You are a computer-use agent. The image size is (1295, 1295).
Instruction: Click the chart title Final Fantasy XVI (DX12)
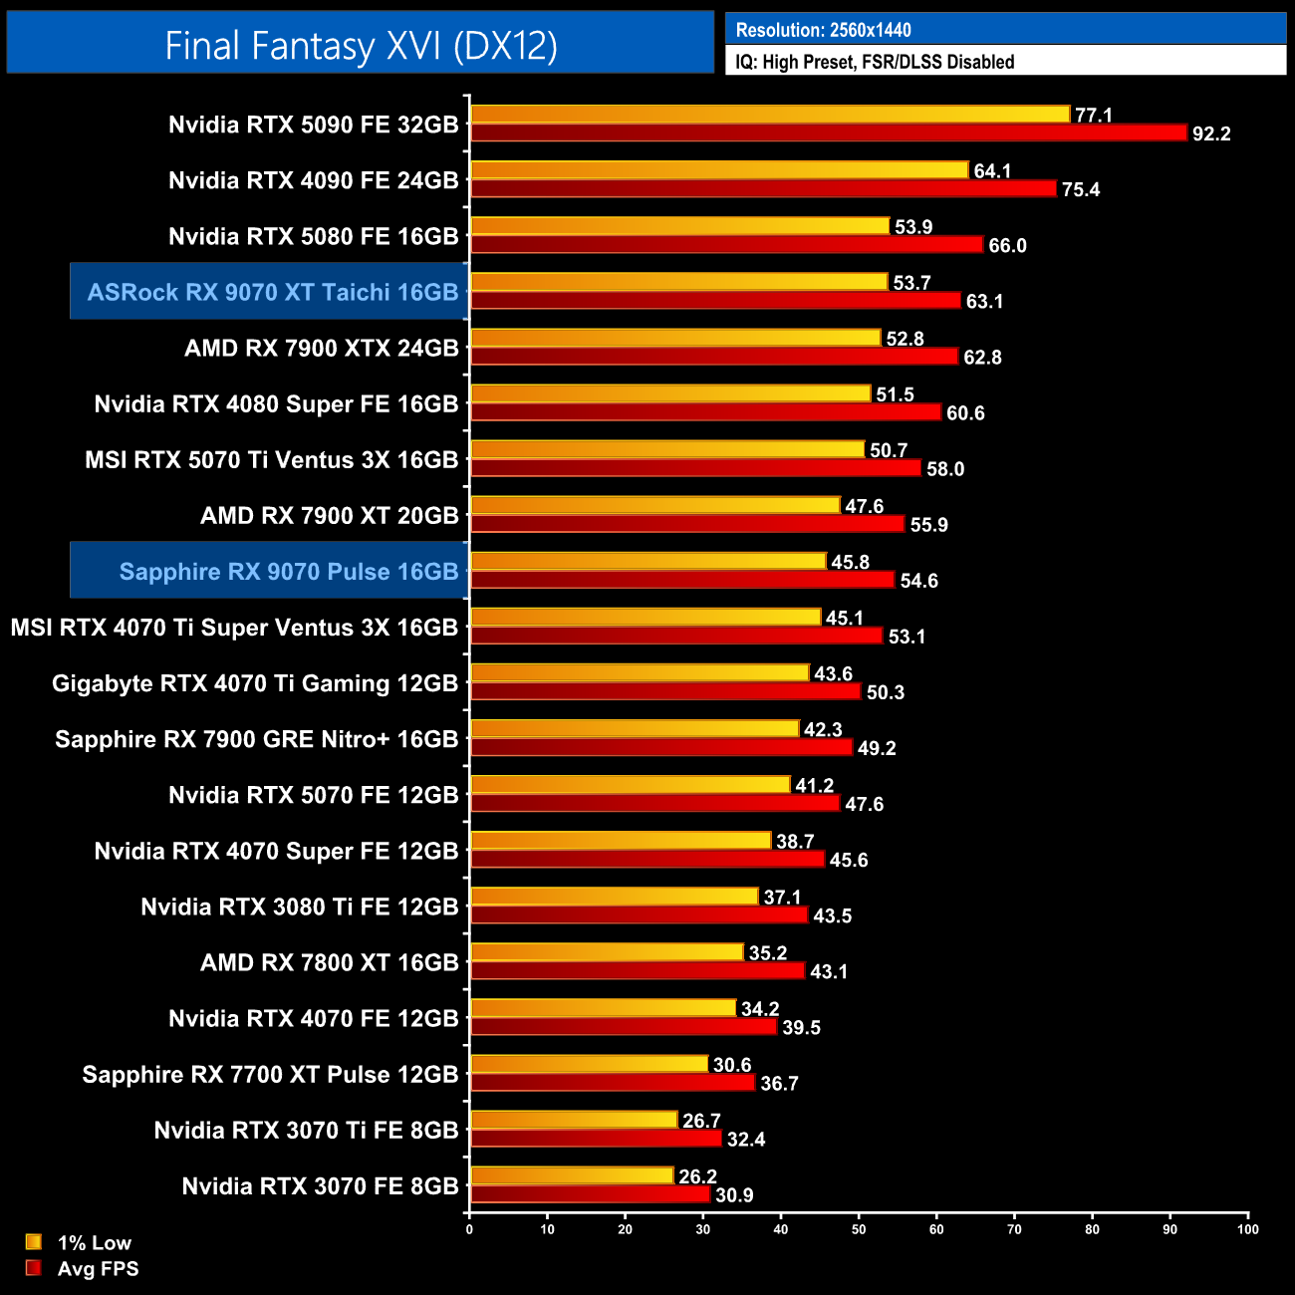361,46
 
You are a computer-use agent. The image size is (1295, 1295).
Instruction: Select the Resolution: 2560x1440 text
823,30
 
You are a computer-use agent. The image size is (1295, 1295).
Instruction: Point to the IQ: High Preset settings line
875,62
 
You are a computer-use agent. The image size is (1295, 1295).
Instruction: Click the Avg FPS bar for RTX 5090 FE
829,132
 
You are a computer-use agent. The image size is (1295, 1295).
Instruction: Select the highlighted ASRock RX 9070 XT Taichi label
272,292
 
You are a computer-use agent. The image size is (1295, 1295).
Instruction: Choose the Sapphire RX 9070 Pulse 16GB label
288,572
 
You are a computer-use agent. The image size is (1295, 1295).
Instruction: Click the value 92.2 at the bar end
1211,133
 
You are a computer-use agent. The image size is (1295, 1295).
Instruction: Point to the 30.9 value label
734,1195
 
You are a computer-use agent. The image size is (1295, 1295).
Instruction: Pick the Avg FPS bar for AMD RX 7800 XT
638,970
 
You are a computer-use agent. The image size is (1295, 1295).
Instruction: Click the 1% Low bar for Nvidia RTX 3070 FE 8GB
572,1175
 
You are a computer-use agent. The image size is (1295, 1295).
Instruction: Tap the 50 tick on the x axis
859,1229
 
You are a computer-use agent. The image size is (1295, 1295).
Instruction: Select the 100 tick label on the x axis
1247,1229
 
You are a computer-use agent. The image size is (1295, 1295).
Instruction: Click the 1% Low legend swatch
34,1242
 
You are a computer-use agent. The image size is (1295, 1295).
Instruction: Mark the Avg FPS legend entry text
98,1269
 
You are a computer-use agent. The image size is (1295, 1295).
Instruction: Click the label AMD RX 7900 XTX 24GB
321,349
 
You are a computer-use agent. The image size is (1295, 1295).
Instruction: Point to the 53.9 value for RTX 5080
913,227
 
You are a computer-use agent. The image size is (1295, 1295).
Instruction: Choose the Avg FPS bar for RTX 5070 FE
654,803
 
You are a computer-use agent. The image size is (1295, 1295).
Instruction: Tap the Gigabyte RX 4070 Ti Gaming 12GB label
255,683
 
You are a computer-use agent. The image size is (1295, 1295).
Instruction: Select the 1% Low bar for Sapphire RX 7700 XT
589,1064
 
